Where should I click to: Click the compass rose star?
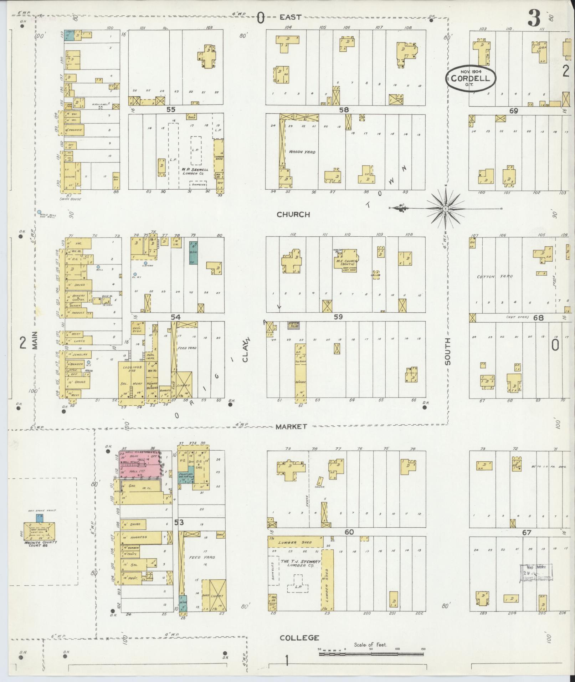click(x=446, y=209)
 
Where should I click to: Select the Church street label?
click(x=293, y=215)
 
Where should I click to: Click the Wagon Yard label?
click(x=302, y=152)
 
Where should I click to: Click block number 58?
click(x=344, y=110)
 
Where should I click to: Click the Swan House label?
click(x=71, y=199)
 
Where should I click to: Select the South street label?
click(x=447, y=352)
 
